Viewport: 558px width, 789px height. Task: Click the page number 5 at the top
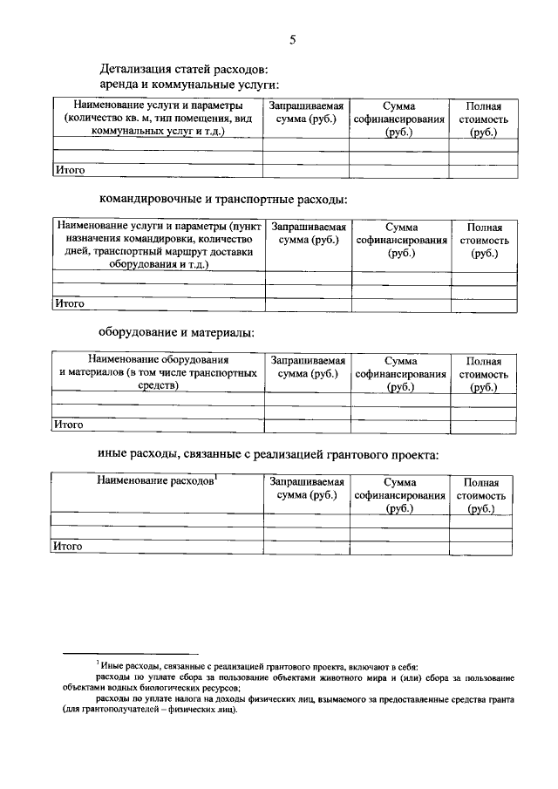click(293, 39)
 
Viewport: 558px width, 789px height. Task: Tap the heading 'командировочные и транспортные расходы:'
click(223, 200)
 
